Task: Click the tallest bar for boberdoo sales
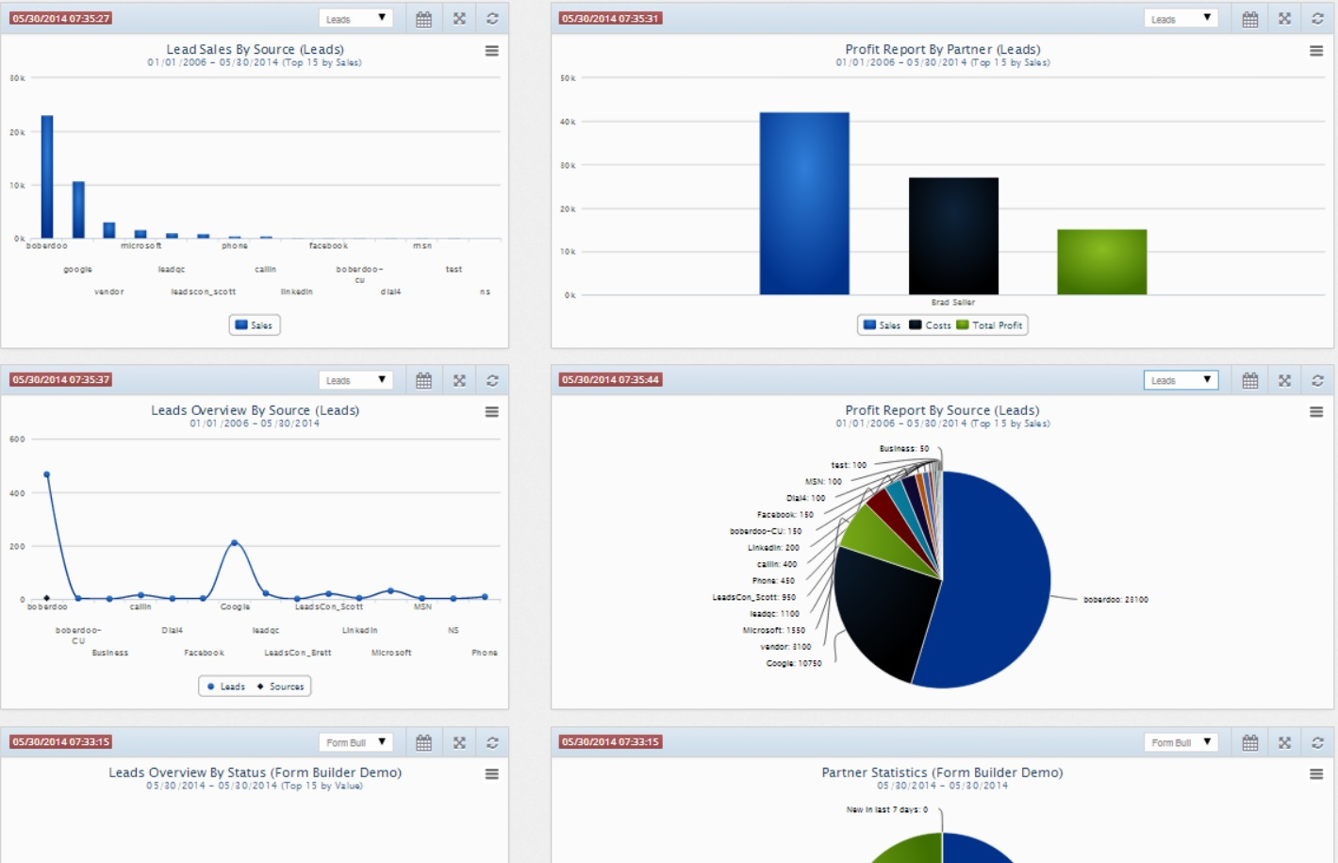[47, 177]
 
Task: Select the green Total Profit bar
[1101, 262]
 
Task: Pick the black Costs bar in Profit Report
[953, 236]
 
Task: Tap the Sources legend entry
[281, 687]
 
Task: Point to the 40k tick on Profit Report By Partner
[568, 122]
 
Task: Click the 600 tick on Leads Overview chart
[17, 440]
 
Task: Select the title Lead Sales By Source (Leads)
[255, 49]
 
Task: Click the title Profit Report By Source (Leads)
[942, 410]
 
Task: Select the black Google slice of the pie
[882, 608]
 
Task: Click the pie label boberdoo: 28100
[1115, 600]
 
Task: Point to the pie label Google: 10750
[793, 664]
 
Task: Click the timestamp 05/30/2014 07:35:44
[611, 380]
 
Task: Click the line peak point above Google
[235, 542]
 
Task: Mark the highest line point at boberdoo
[47, 474]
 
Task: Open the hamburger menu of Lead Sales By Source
[491, 51]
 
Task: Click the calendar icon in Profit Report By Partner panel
[1249, 19]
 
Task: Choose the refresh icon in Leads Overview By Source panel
[492, 380]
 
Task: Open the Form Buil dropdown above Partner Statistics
[1181, 742]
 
